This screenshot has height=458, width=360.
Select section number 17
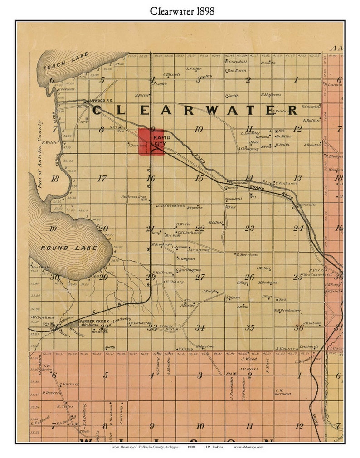pyautogui.click(x=102, y=178)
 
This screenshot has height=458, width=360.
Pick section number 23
pyautogui.click(x=249, y=228)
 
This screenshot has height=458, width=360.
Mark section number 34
pyautogui.click(x=200, y=327)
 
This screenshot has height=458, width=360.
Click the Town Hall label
pyautogui.click(x=231, y=199)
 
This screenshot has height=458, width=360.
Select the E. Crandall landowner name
pyautogui.click(x=236, y=62)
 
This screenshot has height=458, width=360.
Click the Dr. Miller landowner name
pyautogui.click(x=283, y=136)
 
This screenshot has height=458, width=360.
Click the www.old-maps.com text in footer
pyautogui.click(x=248, y=447)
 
